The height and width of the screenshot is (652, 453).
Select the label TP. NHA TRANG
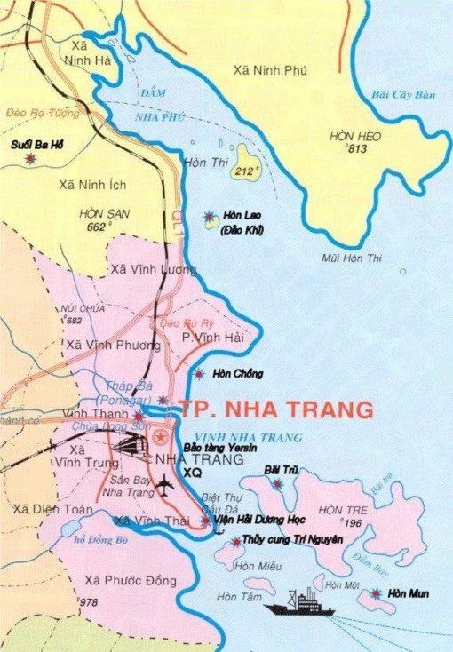(x=276, y=409)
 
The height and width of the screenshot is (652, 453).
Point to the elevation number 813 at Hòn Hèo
(x=357, y=149)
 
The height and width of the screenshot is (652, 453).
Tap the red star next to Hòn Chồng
(x=201, y=374)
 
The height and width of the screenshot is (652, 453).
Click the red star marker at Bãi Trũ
(x=279, y=483)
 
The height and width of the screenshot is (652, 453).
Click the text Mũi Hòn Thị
(x=351, y=258)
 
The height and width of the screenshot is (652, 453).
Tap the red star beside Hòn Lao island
(x=210, y=216)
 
